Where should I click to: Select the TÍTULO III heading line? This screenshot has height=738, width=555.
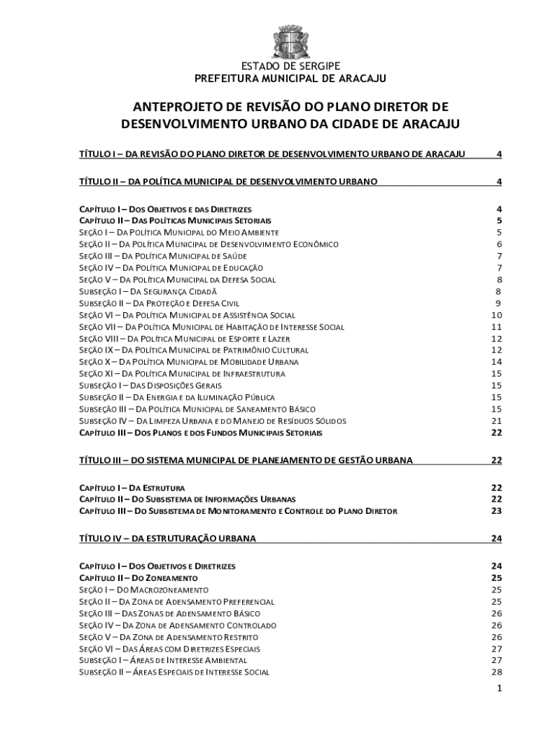pos(246,460)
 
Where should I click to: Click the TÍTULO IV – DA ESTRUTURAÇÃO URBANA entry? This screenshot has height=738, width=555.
pos(167,538)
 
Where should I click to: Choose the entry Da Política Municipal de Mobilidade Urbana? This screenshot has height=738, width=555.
pos(188,362)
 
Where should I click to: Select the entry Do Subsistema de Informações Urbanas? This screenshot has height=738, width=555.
pos(187,499)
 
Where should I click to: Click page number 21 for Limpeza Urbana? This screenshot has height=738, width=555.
pos(496,421)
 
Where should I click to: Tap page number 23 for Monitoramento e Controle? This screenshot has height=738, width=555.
pos(496,511)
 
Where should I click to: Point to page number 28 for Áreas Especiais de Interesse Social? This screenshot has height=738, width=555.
pos(496,672)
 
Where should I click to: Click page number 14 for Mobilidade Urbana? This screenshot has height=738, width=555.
pos(496,362)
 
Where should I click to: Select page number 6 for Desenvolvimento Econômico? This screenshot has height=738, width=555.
pos(499,244)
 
